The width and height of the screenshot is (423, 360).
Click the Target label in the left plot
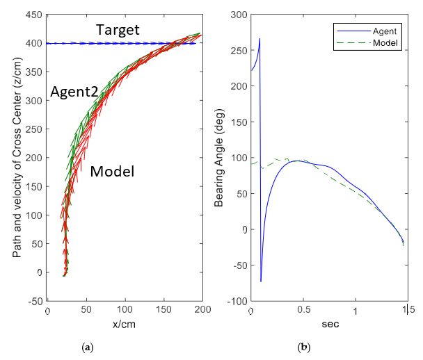click(x=118, y=30)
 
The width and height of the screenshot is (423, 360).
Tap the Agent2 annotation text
click(x=72, y=92)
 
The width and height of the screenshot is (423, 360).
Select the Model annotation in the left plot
click(x=112, y=171)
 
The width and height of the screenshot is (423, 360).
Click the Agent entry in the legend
click(x=385, y=31)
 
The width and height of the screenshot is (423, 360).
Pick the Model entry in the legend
click(x=385, y=43)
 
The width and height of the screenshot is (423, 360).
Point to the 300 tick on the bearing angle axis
click(x=240, y=15)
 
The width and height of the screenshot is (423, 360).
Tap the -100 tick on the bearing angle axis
click(x=238, y=301)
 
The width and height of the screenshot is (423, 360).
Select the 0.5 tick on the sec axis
click(x=303, y=312)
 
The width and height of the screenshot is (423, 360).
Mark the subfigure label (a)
click(x=88, y=346)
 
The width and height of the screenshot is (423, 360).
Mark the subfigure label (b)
click(x=303, y=346)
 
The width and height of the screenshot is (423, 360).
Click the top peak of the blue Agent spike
click(x=260, y=39)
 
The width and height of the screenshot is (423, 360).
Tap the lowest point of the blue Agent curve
click(x=261, y=281)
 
